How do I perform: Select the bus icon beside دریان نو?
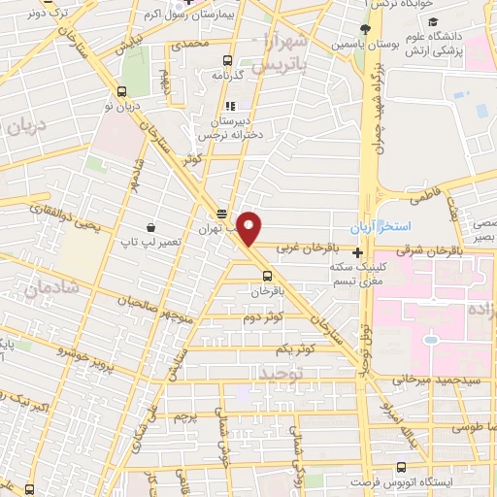click(120, 91)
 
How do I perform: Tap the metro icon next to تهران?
click(222, 215)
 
